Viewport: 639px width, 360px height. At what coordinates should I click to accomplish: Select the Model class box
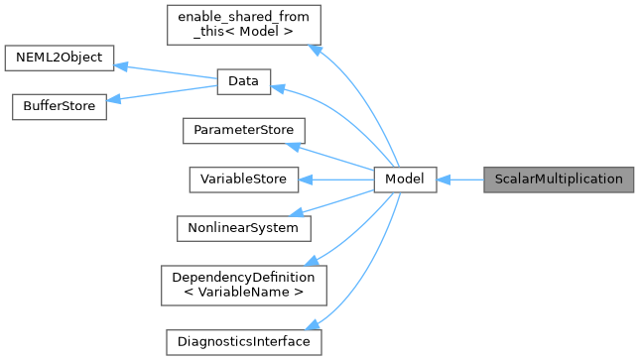click(x=405, y=180)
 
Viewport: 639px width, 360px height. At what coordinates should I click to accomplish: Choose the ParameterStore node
click(x=243, y=131)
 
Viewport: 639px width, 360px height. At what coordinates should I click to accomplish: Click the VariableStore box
click(x=243, y=180)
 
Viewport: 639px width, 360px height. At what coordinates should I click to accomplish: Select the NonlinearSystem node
click(x=243, y=227)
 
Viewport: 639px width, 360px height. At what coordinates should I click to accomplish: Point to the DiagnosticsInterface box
click(x=243, y=341)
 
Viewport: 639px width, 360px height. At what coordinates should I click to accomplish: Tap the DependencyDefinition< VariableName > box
click(x=243, y=285)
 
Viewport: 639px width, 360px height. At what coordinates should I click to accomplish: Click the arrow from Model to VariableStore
click(x=337, y=180)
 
